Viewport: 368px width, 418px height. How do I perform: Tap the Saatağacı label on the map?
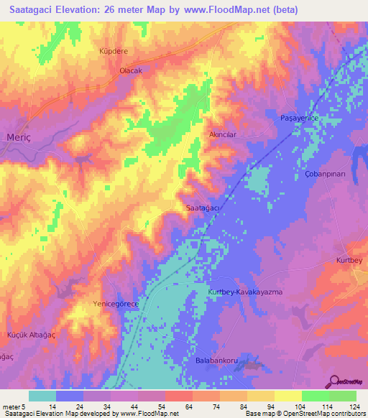pyautogui.click(x=203, y=208)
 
